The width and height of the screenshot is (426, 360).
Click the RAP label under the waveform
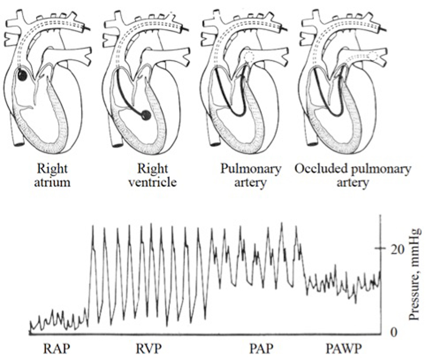pos(56,349)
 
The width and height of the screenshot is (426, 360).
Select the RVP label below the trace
pos(149,349)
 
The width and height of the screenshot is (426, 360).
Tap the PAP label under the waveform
pos(261,349)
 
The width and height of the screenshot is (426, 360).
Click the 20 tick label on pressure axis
pos(397,250)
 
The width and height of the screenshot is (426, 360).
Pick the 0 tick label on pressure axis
pos(394,332)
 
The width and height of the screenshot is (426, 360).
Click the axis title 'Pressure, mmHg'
pos(415,274)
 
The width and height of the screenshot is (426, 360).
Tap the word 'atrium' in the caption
pos(52,182)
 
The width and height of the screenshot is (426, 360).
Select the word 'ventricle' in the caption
pos(152,182)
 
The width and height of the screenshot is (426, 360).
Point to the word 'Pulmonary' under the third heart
pos(250,169)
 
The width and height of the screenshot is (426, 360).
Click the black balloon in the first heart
pos(22,75)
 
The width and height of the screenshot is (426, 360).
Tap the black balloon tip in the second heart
pos(146,116)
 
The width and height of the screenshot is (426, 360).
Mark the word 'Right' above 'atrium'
pos(52,169)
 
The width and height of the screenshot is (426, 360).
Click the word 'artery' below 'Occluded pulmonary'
pos(353,183)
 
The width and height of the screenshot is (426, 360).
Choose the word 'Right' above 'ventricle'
pos(152,169)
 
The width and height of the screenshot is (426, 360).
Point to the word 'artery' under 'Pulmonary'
pos(250,183)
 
